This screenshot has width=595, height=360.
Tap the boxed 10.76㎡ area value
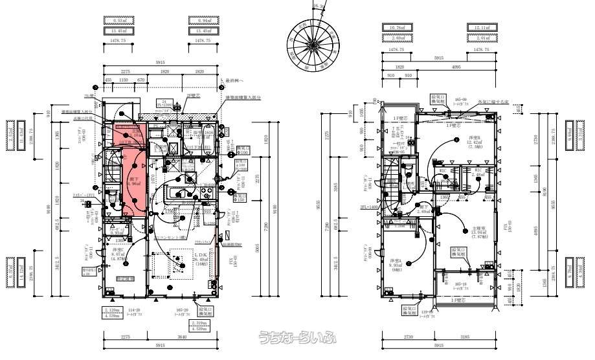coord(396,27)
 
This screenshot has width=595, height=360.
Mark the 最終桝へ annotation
coord(232,82)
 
